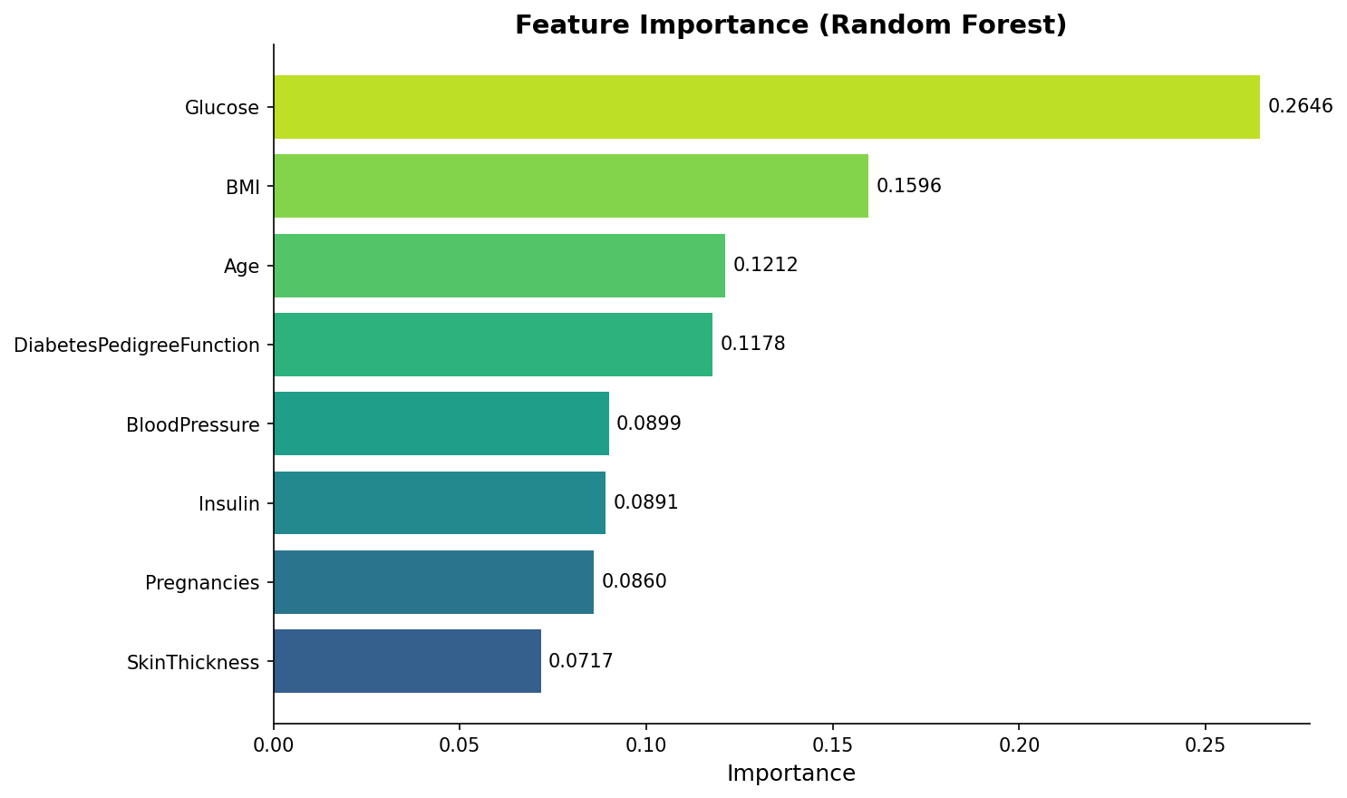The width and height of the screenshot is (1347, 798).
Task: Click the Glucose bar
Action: (766, 107)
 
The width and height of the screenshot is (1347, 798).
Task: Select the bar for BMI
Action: (571, 186)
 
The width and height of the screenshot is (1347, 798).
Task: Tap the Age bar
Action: (499, 266)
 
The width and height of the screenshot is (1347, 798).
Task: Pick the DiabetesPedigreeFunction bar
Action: (493, 345)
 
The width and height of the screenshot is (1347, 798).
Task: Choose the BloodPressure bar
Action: (441, 423)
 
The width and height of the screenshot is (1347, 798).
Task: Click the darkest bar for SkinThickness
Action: (407, 661)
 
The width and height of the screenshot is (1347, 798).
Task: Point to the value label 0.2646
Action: (1300, 107)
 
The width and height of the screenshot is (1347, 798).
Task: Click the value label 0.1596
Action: (908, 186)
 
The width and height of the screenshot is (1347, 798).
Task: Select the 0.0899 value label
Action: (648, 423)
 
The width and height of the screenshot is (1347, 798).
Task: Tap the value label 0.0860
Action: (634, 581)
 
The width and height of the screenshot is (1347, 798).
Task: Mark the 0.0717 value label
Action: (580, 661)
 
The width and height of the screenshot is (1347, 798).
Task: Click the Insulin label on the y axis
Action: (228, 504)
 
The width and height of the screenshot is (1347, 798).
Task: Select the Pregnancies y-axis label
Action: (202, 583)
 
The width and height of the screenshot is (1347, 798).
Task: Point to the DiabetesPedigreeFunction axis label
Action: (137, 345)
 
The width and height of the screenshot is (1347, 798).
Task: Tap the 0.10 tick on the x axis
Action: (646, 744)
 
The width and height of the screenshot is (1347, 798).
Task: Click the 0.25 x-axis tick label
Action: (1205, 744)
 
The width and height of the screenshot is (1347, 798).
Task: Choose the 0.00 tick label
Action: (274, 744)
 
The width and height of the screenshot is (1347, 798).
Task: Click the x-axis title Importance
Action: (790, 774)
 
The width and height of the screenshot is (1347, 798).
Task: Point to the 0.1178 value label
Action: (752, 345)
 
